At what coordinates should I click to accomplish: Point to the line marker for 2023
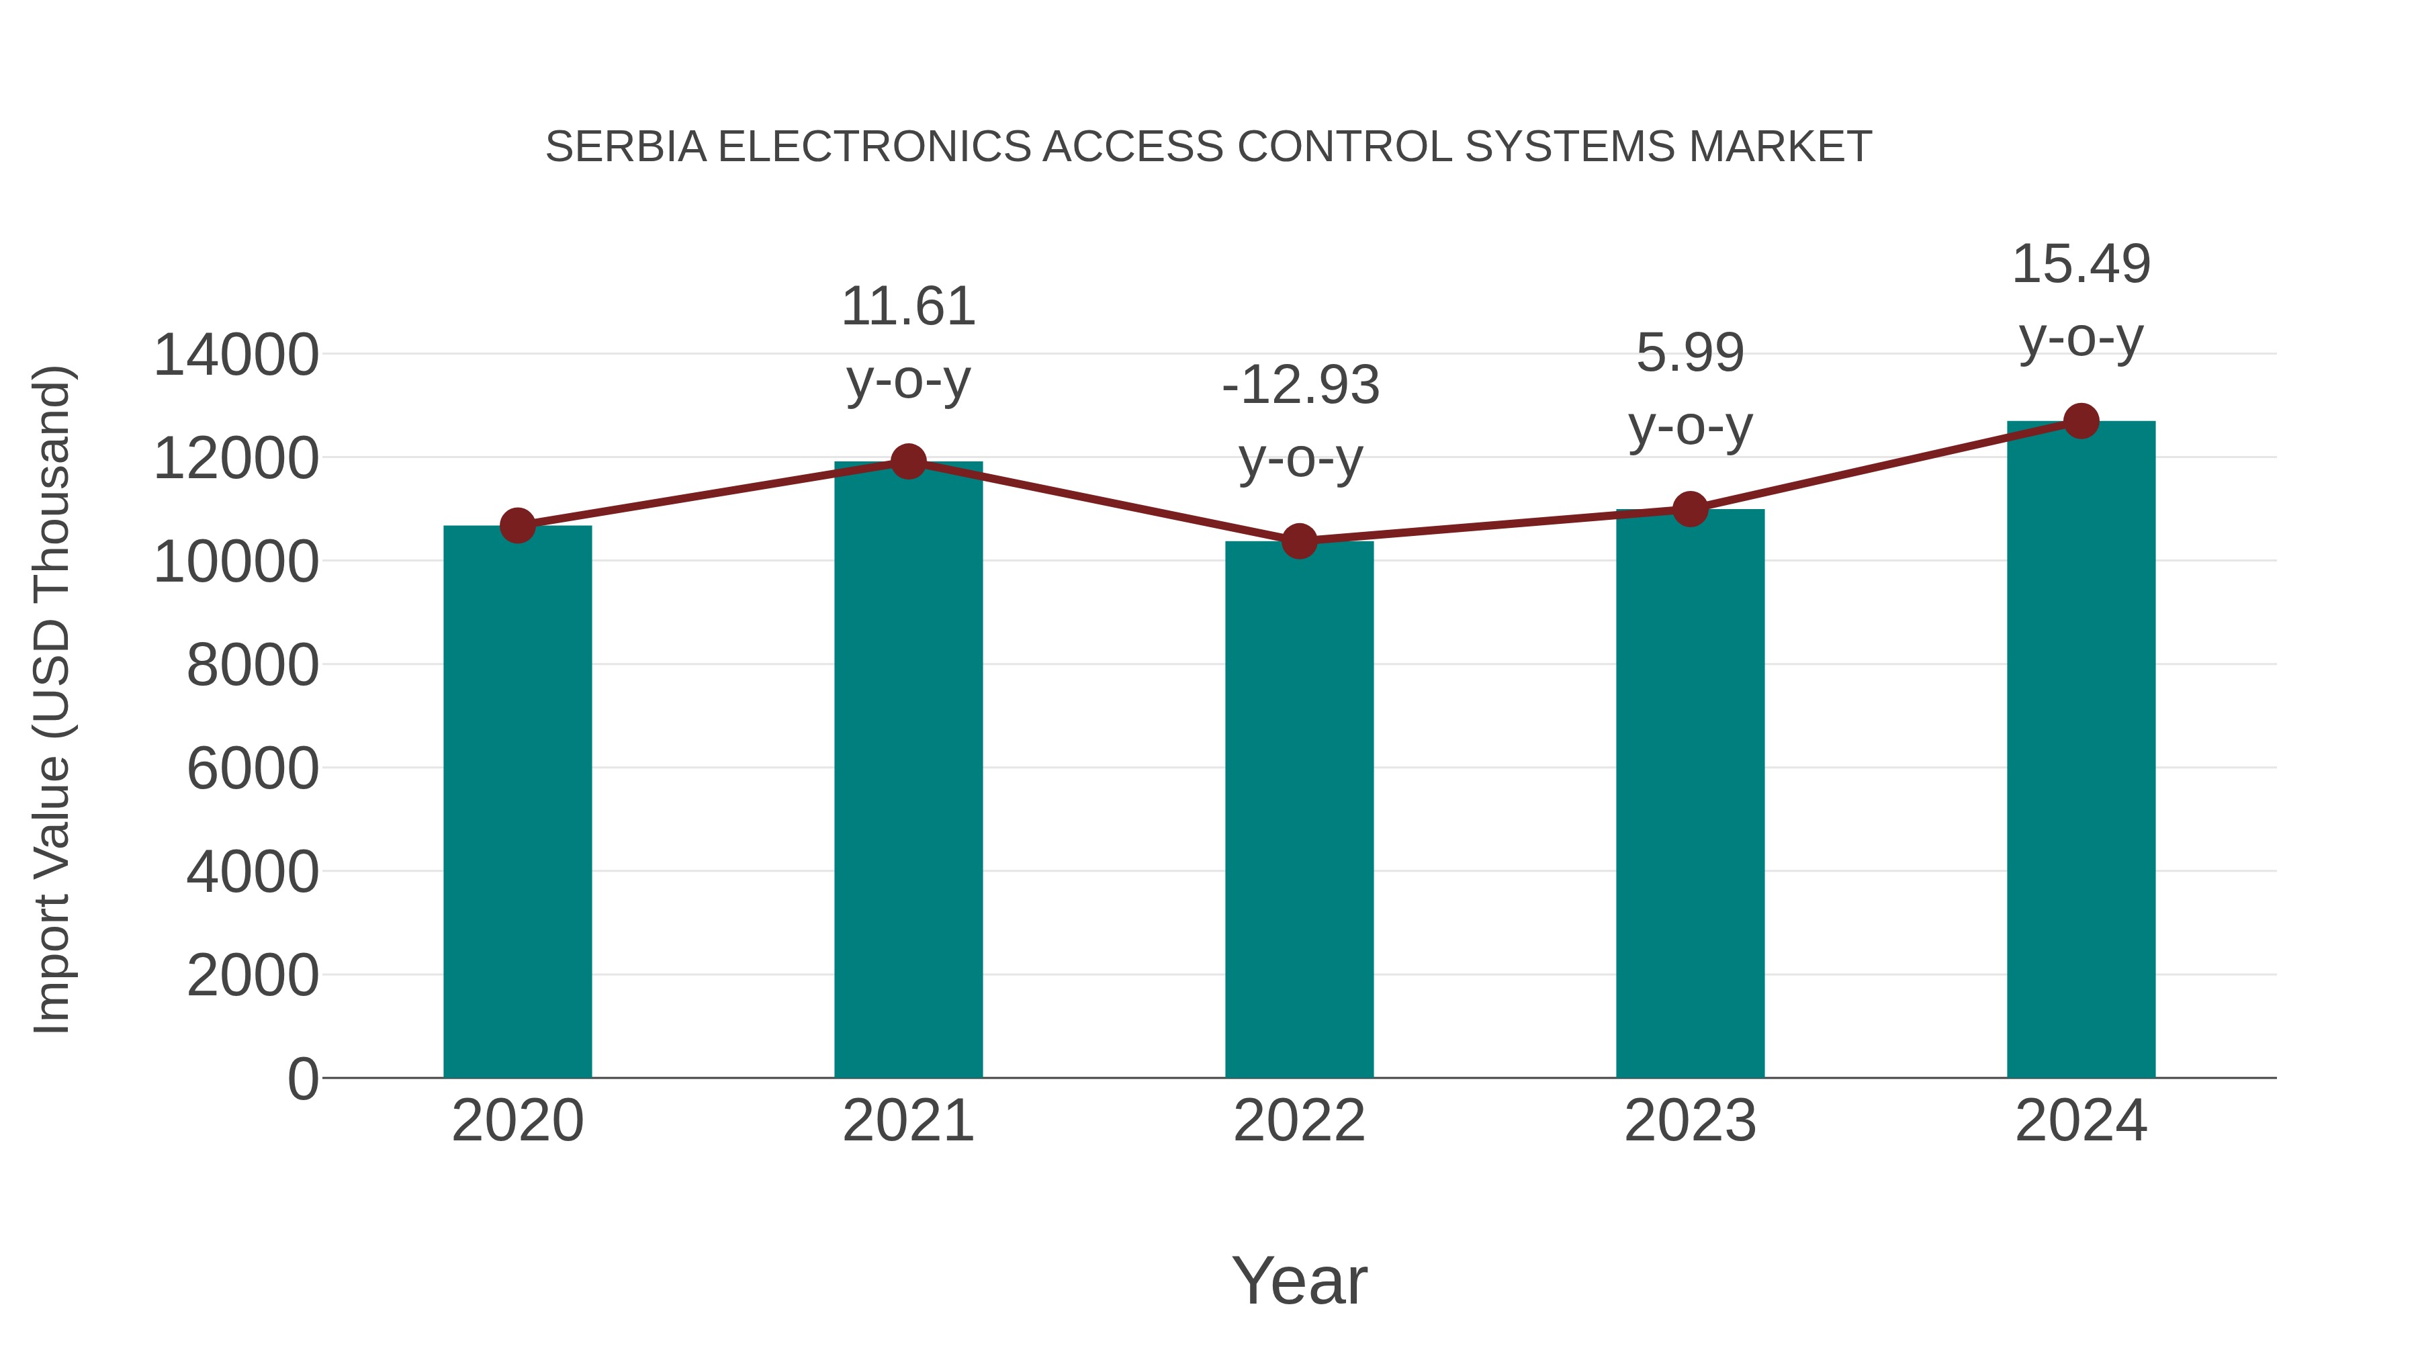click(1690, 508)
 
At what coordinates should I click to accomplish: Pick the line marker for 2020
click(517, 526)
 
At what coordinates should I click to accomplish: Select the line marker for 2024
click(2081, 421)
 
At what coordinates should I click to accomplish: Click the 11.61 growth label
click(907, 307)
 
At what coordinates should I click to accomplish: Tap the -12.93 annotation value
click(1300, 385)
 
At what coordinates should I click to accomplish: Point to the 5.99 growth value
click(1690, 354)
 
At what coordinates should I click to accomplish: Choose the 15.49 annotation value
click(2081, 265)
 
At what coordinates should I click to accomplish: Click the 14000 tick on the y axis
click(236, 356)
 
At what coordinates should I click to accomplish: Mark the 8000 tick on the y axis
click(253, 666)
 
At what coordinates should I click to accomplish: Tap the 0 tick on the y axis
click(302, 1079)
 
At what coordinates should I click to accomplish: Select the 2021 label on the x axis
click(907, 1121)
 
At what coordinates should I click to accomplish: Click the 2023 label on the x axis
click(1690, 1121)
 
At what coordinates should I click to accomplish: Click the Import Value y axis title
click(52, 699)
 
